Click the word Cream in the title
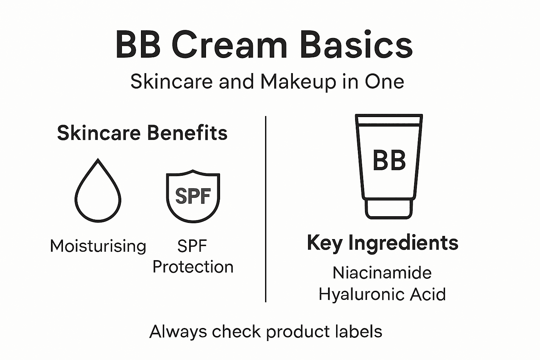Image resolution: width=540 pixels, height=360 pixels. click(x=230, y=45)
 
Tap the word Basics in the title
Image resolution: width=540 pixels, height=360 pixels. click(x=356, y=45)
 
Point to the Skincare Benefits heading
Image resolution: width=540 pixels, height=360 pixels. click(x=142, y=133)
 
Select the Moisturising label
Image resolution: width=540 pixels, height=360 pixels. click(x=98, y=246)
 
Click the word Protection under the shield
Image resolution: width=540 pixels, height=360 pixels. click(x=193, y=267)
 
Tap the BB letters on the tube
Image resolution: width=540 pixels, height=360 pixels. click(x=389, y=161)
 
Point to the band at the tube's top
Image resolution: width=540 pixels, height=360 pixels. click(x=388, y=120)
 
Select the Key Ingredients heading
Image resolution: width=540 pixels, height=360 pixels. click(x=382, y=243)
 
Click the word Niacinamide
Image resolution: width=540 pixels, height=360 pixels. click(x=382, y=273)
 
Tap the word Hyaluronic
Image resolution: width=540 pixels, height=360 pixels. click(x=362, y=295)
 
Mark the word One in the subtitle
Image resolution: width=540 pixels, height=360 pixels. click(x=384, y=82)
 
